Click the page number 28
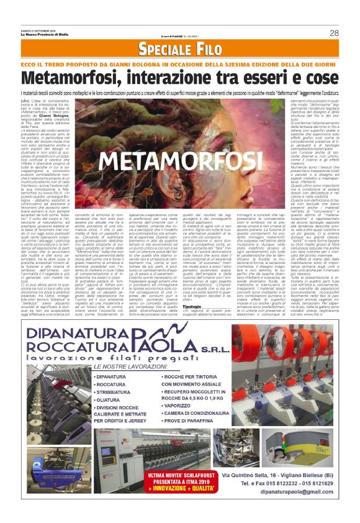334,33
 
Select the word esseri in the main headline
259,78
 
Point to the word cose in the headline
317,78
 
